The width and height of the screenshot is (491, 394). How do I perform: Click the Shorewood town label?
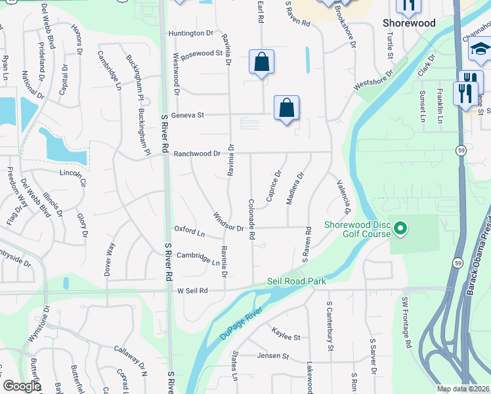(409, 23)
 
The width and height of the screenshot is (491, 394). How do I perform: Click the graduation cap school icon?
(480, 50)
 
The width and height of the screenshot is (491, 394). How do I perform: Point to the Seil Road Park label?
(297, 281)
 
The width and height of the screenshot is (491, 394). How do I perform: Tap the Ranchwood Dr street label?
(198, 153)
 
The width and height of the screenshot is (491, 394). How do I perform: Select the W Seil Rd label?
(192, 290)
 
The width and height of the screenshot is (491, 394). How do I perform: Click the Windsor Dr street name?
(229, 221)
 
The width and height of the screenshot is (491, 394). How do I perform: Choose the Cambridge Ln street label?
(198, 258)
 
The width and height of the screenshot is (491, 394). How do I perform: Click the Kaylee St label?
(286, 337)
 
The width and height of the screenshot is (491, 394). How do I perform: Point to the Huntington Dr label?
(191, 33)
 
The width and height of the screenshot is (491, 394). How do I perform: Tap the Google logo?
(22, 386)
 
